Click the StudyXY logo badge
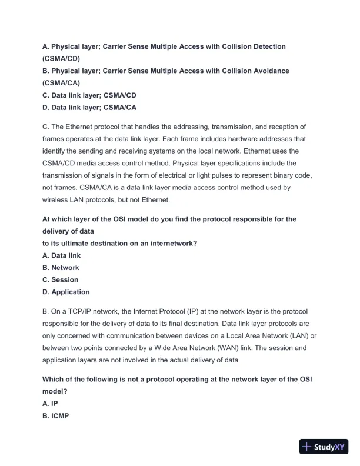(x=325, y=447)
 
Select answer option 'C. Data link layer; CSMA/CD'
(x=89, y=95)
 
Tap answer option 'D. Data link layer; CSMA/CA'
(x=89, y=108)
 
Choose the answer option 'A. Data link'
(x=61, y=255)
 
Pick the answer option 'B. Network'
(x=61, y=268)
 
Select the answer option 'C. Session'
(x=60, y=280)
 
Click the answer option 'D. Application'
(x=66, y=292)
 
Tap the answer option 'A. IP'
(x=50, y=404)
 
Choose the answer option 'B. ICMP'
(x=56, y=416)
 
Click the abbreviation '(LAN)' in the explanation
(x=289, y=336)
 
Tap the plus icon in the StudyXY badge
(x=306, y=447)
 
